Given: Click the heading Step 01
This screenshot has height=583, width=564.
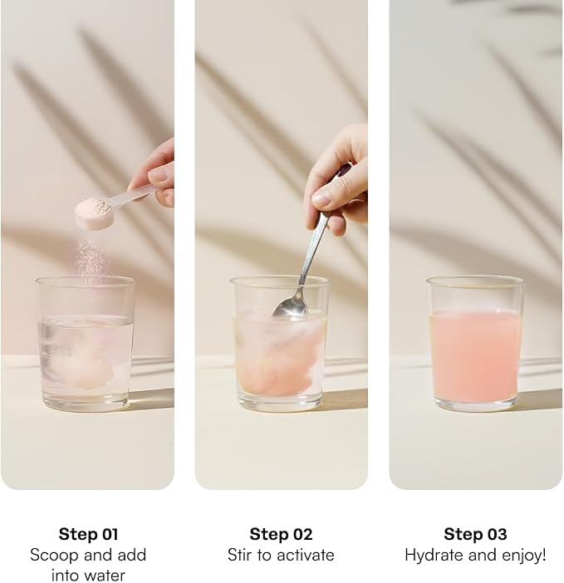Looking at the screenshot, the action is [88, 534].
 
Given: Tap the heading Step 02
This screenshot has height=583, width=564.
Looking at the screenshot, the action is [281, 534].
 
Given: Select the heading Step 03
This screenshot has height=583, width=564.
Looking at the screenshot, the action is [475, 534].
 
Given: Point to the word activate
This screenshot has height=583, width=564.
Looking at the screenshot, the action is [305, 555].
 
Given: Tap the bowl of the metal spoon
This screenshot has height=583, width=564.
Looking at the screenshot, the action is [291, 307].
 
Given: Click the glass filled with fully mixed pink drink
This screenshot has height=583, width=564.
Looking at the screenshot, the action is [475, 344].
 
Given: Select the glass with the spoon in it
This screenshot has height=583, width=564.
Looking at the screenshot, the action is [280, 344].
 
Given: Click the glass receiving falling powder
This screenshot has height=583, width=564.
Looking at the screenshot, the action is [85, 344].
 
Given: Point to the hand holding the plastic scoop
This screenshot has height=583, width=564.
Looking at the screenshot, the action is [156, 174].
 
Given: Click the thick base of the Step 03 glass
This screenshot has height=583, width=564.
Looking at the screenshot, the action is [476, 404].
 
